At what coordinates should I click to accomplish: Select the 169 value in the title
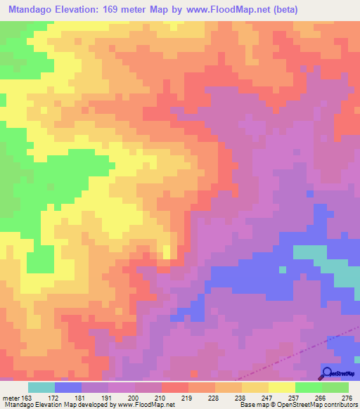point(129,10)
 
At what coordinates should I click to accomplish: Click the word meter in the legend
point(12,398)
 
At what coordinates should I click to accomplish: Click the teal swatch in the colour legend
point(41,387)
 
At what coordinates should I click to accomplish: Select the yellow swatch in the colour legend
point(281,387)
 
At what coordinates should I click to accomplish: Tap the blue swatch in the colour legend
point(68,387)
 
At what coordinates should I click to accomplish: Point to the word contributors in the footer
point(338,405)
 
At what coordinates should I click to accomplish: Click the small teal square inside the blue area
point(283,268)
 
